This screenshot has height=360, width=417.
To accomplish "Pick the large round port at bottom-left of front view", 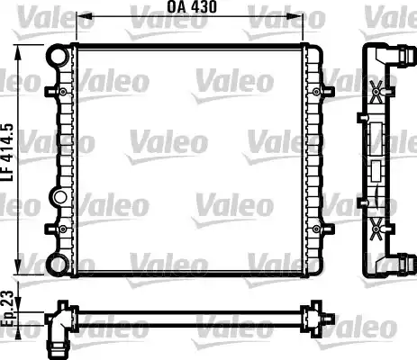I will (58, 265).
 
